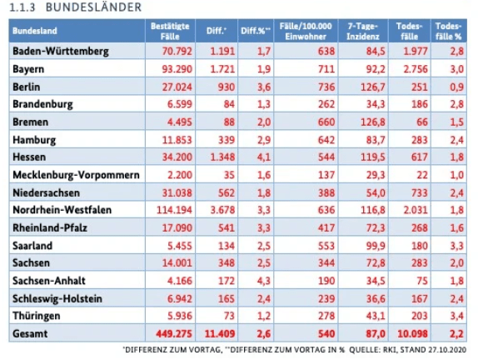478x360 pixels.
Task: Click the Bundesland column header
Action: point(35,31)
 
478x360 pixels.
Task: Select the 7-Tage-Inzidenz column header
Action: point(363,31)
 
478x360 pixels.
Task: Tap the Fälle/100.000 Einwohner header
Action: point(306,31)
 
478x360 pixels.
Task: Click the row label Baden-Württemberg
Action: point(61,51)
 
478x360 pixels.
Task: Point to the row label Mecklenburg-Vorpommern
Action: point(76,175)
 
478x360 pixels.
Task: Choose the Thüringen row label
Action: point(37,316)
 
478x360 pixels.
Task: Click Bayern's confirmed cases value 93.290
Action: point(177,69)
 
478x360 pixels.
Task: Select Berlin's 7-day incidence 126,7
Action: point(373,87)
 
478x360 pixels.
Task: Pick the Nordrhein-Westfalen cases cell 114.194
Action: point(174,210)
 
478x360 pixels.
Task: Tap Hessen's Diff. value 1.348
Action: point(222,157)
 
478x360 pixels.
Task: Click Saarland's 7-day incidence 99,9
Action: point(376,246)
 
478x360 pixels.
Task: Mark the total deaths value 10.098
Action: point(412,333)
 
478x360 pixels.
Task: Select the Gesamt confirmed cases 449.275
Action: point(174,333)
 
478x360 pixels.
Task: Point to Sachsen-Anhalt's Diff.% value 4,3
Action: point(264,281)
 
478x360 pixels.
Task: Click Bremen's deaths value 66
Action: point(422,122)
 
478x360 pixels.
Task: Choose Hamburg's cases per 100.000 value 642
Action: point(326,140)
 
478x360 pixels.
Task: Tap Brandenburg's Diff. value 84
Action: point(229,104)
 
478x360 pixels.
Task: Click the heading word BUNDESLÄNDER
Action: point(93,7)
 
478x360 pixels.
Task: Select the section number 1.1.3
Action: point(22,7)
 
